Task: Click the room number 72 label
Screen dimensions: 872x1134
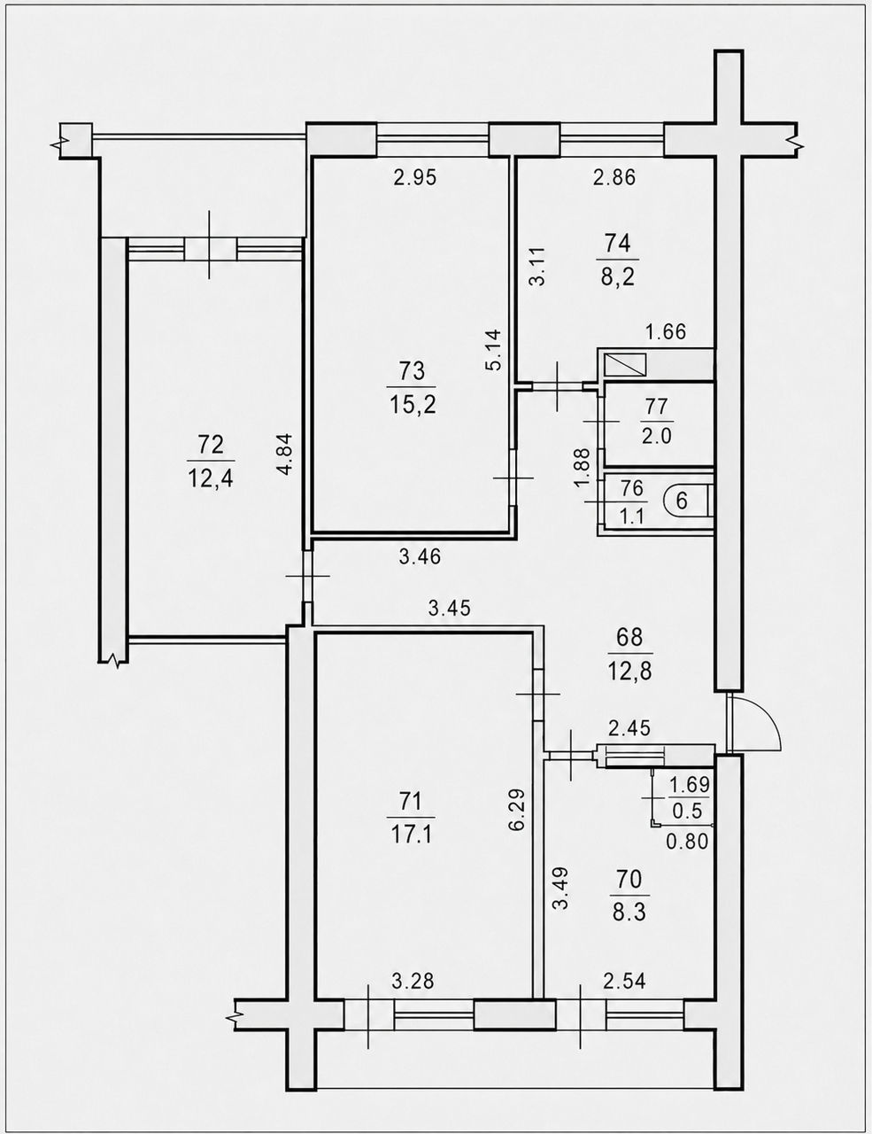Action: pyautogui.click(x=211, y=446)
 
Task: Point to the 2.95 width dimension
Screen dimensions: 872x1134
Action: pyautogui.click(x=414, y=178)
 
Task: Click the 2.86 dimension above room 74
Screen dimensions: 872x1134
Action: pyautogui.click(x=614, y=178)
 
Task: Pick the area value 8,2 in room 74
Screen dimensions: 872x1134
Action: pyautogui.click(x=618, y=276)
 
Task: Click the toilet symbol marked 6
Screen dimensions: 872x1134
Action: pyautogui.click(x=687, y=501)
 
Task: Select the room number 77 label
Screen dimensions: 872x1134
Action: pyautogui.click(x=656, y=407)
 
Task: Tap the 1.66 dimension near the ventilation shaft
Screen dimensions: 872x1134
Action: pyautogui.click(x=666, y=332)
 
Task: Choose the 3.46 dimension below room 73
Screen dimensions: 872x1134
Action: pyautogui.click(x=420, y=557)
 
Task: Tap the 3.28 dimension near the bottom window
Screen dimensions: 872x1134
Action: pyautogui.click(x=413, y=982)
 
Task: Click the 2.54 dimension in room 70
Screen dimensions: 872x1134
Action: pyautogui.click(x=624, y=981)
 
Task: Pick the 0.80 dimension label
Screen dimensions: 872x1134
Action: pyautogui.click(x=688, y=842)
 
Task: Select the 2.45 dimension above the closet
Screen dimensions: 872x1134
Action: pyautogui.click(x=629, y=728)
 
